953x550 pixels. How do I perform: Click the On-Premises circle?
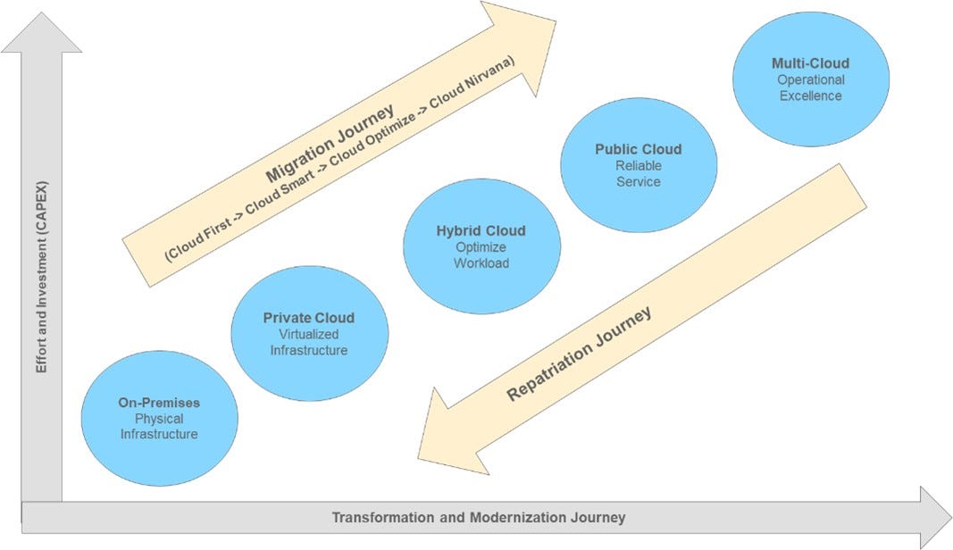(x=159, y=418)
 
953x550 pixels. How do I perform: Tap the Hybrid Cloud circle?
(x=481, y=246)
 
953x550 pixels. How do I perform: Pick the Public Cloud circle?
(x=639, y=164)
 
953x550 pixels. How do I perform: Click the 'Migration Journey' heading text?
(x=330, y=142)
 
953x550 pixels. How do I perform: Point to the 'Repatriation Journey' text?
(x=579, y=355)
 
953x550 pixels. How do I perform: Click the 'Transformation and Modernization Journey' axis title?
(x=479, y=518)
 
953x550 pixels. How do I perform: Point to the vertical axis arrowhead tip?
(x=41, y=16)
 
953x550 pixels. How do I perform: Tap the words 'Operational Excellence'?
(x=810, y=87)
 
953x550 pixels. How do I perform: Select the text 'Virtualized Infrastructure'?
(x=309, y=342)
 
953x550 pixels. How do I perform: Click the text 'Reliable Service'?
(x=639, y=173)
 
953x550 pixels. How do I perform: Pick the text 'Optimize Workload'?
(x=481, y=255)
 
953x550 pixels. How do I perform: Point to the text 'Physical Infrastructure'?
(x=159, y=426)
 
